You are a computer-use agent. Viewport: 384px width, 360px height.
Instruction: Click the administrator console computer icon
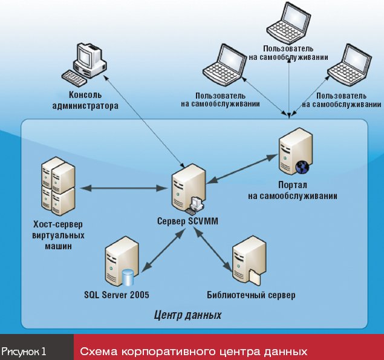coord(85,63)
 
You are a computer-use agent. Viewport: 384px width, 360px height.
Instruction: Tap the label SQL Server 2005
coord(117,295)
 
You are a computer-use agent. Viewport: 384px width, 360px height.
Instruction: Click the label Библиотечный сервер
coord(252,295)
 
